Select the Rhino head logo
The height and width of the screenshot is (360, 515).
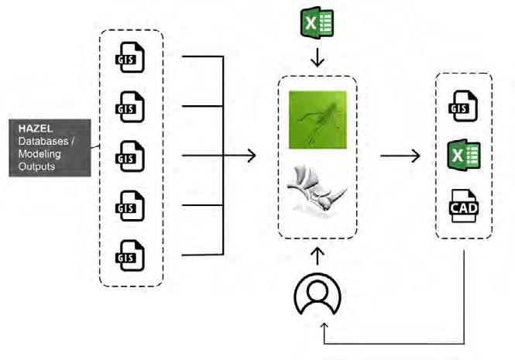click(317, 190)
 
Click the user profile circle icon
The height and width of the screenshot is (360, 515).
click(314, 296)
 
